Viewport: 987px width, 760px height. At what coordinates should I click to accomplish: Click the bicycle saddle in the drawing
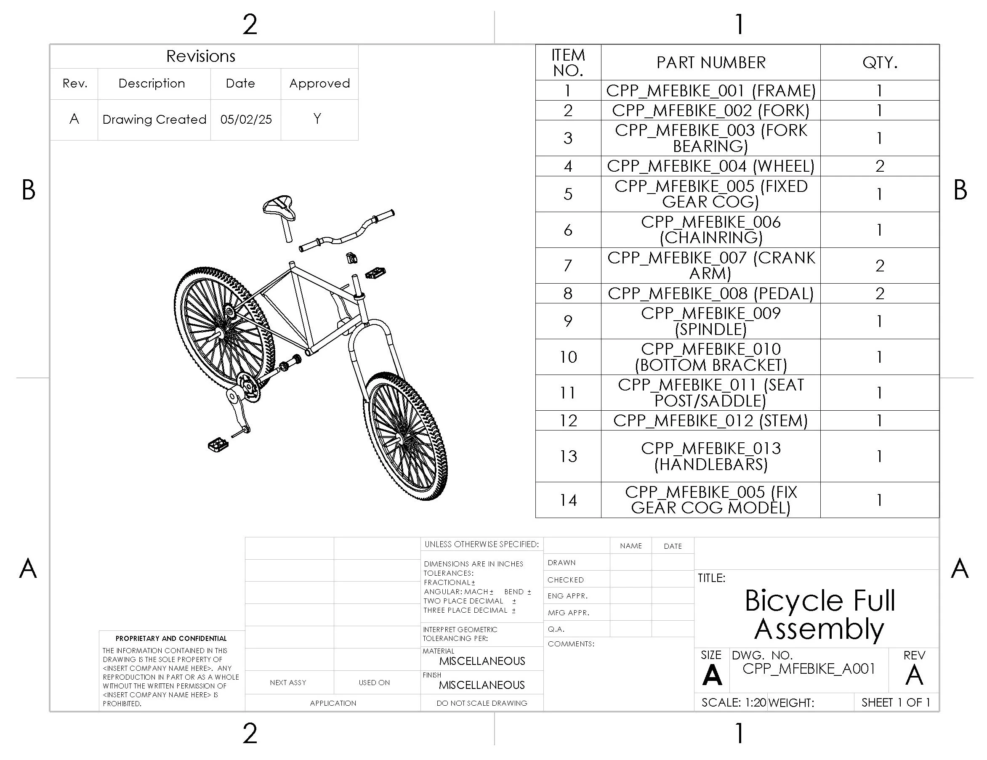pyautogui.click(x=279, y=207)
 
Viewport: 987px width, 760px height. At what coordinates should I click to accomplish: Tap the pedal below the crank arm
pyautogui.click(x=218, y=445)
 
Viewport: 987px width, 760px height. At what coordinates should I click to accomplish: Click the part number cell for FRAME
pyautogui.click(x=710, y=90)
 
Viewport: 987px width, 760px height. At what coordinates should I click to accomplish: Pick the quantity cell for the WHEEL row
pyautogui.click(x=879, y=166)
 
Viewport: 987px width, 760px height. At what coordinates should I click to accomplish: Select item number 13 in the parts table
pyautogui.click(x=568, y=456)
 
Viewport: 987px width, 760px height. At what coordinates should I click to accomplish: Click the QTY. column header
pyautogui.click(x=879, y=62)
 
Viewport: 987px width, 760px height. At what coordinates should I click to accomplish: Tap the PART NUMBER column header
pyautogui.click(x=710, y=62)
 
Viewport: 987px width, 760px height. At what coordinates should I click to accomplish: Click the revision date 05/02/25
pyautogui.click(x=246, y=119)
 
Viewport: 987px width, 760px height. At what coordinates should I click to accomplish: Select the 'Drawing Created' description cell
pyautogui.click(x=154, y=119)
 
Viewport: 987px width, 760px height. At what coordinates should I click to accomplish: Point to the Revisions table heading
pyautogui.click(x=201, y=56)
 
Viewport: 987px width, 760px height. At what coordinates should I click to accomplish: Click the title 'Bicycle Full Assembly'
pyautogui.click(x=819, y=614)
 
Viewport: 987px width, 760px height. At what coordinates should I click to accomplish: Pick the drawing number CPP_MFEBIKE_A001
pyautogui.click(x=809, y=668)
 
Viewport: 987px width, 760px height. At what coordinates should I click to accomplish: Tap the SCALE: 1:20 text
pyautogui.click(x=733, y=703)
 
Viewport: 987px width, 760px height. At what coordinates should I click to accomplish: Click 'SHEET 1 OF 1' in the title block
pyautogui.click(x=896, y=703)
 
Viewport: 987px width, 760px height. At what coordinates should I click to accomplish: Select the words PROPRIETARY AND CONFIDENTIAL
pyautogui.click(x=171, y=638)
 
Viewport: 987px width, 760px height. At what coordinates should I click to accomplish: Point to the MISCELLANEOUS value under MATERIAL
pyautogui.click(x=482, y=661)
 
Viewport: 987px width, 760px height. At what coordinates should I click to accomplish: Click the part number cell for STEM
pyautogui.click(x=710, y=421)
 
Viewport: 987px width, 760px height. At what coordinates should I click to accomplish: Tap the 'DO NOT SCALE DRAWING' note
pyautogui.click(x=482, y=703)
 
